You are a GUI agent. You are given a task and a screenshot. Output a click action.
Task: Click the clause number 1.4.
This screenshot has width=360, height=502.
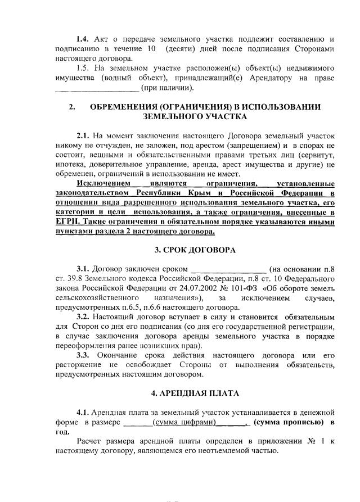pos(84,39)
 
